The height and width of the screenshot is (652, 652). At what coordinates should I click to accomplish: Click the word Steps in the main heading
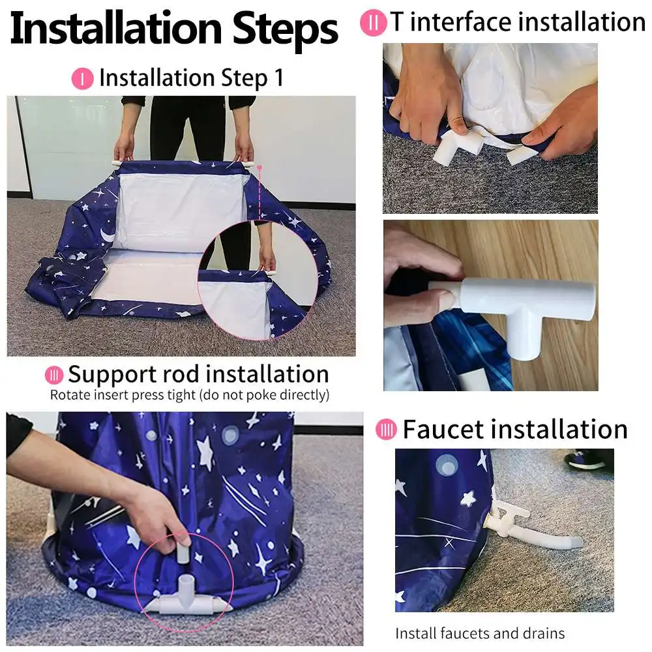click(x=285, y=29)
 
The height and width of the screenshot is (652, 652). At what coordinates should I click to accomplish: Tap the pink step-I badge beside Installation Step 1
click(x=82, y=79)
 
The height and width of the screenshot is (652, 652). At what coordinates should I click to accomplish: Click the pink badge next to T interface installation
click(x=372, y=23)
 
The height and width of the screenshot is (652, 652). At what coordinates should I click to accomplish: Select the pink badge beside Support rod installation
click(x=54, y=376)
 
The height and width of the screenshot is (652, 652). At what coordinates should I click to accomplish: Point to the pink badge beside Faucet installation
click(x=386, y=429)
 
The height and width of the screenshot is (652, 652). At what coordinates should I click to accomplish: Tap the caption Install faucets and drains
click(x=480, y=633)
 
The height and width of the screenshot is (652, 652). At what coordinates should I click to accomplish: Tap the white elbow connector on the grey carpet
click(x=458, y=146)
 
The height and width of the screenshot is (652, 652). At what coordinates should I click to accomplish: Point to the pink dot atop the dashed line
click(x=259, y=168)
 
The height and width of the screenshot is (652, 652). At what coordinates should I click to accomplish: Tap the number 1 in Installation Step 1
click(x=278, y=78)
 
